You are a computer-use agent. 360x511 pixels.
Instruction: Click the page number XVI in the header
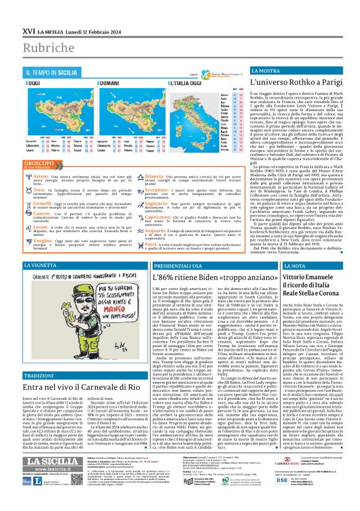tap(29, 14)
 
